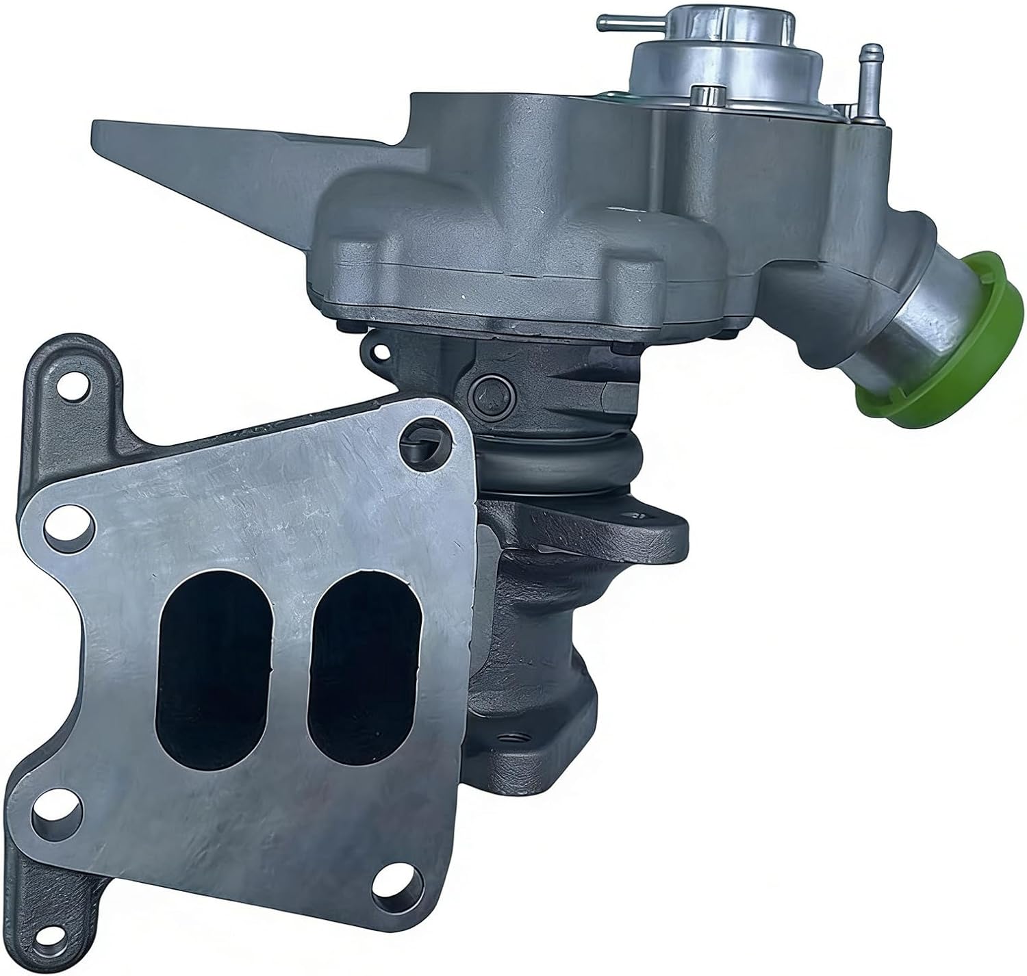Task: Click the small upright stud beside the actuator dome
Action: [x=700, y=96]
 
